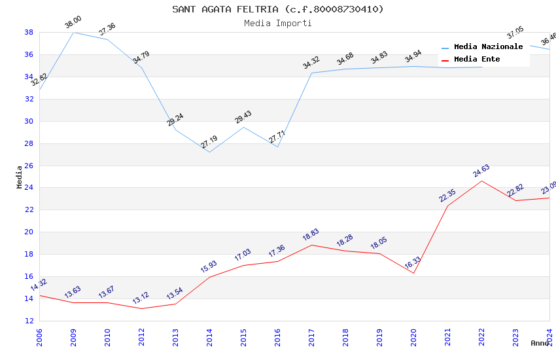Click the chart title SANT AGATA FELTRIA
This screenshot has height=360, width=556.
[x=278, y=9]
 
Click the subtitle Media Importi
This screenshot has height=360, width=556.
[x=278, y=23]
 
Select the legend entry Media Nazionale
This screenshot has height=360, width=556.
[x=488, y=47]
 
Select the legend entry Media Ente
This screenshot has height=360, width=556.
[x=477, y=59]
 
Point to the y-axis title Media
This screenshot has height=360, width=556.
[x=19, y=177]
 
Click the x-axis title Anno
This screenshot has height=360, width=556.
[x=540, y=343]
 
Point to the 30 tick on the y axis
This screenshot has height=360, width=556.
[x=29, y=121]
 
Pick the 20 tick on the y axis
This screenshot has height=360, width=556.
[x=29, y=232]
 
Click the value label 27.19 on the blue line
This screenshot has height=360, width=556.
[x=209, y=142]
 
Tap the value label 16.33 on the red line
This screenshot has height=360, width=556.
[x=413, y=263]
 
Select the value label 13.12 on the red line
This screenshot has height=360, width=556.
[x=141, y=298]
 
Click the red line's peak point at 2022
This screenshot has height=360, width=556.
[x=481, y=181]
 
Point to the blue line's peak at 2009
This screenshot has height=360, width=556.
[x=73, y=32]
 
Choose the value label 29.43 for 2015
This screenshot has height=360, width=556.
[x=243, y=118]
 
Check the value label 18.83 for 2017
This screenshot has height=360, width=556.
[x=311, y=236]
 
